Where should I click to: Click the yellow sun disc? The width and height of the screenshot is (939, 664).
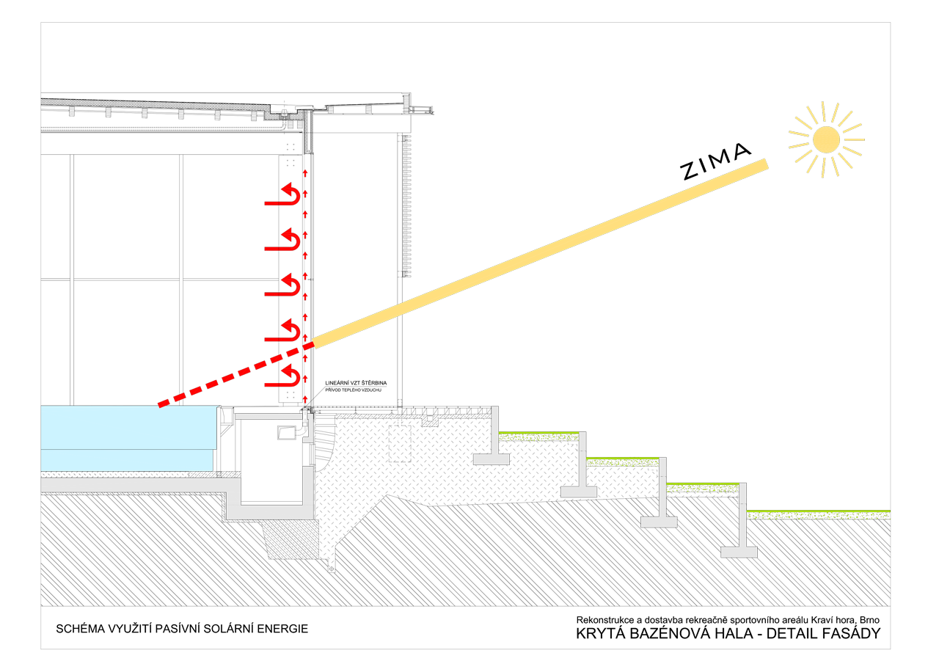coord(826,139)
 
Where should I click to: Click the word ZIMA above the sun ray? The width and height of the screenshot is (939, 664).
coord(715,162)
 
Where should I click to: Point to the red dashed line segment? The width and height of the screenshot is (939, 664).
coord(236,374)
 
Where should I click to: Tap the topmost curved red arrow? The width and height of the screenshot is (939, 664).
coord(282,194)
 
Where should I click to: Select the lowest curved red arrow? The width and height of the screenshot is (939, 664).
coord(282,375)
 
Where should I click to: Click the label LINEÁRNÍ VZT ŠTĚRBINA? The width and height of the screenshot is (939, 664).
coord(356,383)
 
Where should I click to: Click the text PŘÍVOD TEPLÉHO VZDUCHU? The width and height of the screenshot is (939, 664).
coord(354,390)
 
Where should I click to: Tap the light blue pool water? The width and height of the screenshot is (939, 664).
coord(130,438)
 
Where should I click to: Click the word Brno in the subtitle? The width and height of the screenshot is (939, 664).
coord(869,620)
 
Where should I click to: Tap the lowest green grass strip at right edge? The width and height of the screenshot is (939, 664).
coord(818,515)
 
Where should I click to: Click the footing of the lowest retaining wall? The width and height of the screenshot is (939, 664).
coord(739,552)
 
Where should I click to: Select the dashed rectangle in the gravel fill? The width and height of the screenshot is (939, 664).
coord(400,443)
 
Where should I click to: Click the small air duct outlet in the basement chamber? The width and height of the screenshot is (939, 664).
coord(287,433)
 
